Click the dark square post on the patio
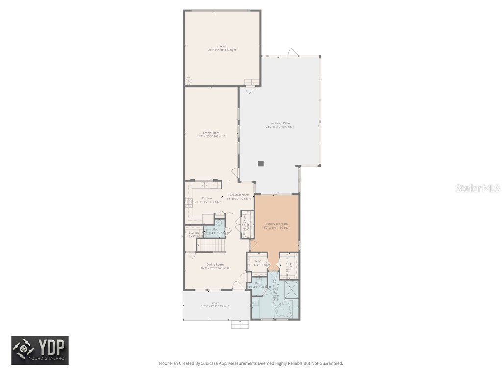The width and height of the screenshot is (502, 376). [x=261, y=164]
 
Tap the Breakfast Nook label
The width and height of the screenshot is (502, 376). [x=238, y=195]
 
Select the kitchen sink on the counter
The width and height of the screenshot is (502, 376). [x=204, y=185]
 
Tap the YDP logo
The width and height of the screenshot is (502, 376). [x=40, y=350]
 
